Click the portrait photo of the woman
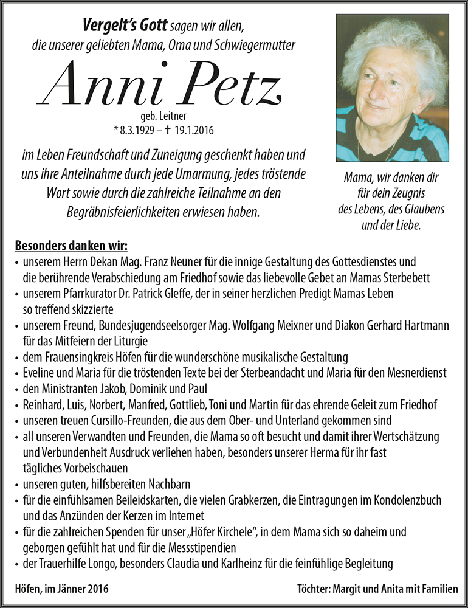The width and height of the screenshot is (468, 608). pos(392,88)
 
